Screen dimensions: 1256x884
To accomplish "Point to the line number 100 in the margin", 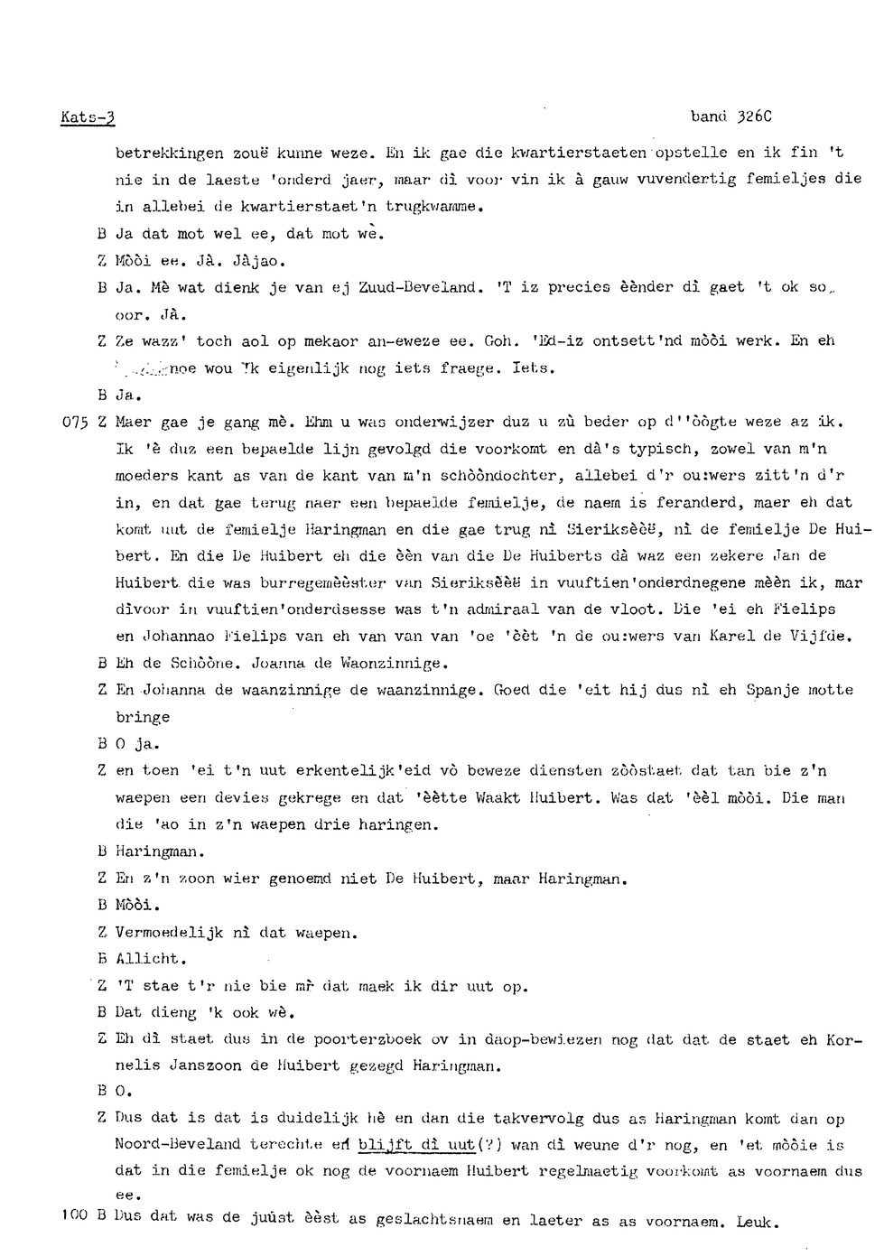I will [x=74, y=1215].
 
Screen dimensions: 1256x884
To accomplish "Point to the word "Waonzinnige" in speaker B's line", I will [x=390, y=664].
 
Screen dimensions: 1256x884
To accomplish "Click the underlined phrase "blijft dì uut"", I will [x=416, y=1145].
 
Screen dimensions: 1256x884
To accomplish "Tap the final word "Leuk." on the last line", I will [x=756, y=1223].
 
